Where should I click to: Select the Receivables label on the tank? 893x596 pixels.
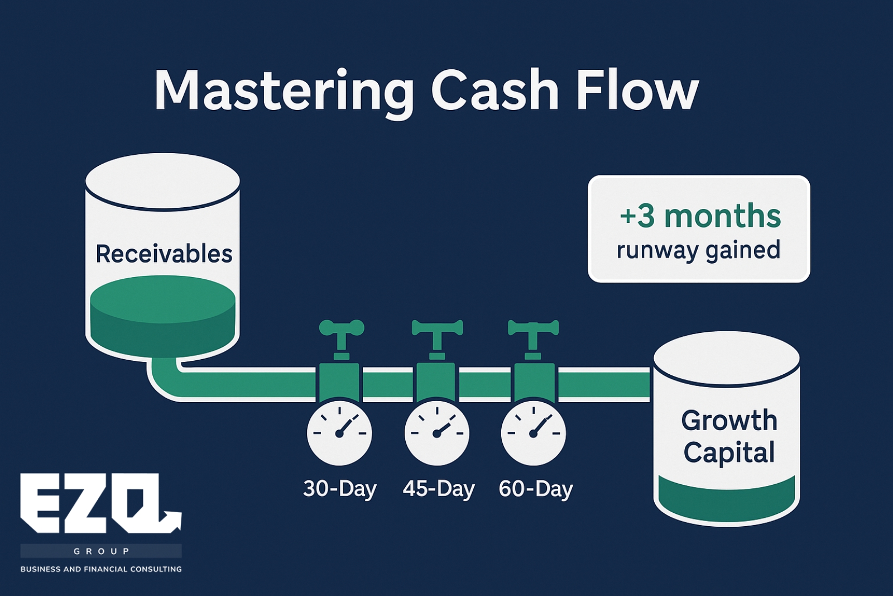tap(164, 254)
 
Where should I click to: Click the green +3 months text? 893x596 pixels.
tap(700, 216)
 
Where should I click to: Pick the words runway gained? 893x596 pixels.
tap(698, 251)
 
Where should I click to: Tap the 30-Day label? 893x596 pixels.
tap(340, 489)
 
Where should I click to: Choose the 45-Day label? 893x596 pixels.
tap(439, 489)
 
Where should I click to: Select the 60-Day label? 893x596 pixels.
tap(535, 489)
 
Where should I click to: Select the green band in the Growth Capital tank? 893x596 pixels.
tap(726, 499)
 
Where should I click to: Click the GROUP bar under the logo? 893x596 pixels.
tap(101, 551)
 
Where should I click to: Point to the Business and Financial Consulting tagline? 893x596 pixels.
tap(101, 569)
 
